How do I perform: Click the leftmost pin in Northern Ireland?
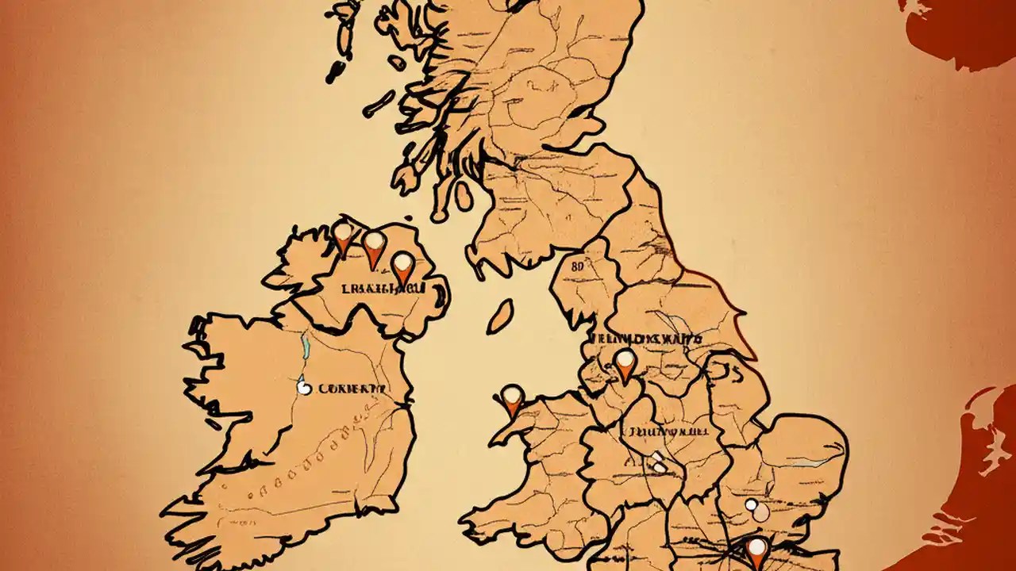(x=342, y=236)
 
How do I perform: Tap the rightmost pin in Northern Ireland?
(x=403, y=266)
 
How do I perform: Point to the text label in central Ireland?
(x=350, y=389)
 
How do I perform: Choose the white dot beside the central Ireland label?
(x=302, y=388)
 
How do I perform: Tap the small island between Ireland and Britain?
(x=499, y=316)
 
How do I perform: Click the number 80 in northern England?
(x=578, y=267)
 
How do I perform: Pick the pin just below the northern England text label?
(x=625, y=364)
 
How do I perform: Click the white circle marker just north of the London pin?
(x=752, y=504)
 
